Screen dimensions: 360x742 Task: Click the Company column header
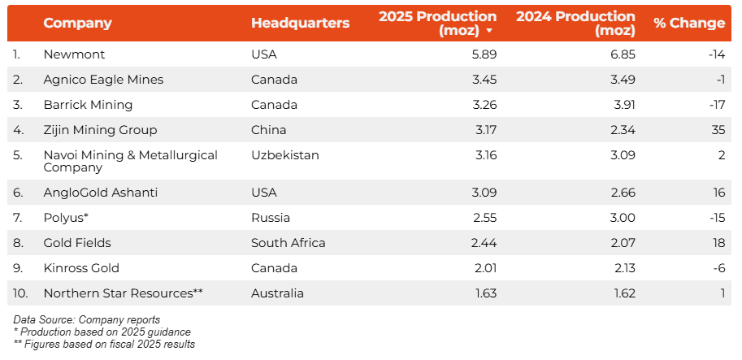click(x=77, y=23)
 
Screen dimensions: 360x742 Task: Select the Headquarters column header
click(x=300, y=23)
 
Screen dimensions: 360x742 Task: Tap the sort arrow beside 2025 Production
click(x=489, y=31)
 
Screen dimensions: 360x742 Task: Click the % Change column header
click(x=688, y=23)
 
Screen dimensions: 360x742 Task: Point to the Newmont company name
click(x=74, y=54)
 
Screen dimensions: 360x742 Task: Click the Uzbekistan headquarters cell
click(x=285, y=155)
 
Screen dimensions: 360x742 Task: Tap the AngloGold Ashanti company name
click(x=100, y=193)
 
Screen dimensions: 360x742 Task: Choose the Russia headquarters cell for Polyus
click(x=271, y=218)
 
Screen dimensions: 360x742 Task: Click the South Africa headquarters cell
click(x=288, y=243)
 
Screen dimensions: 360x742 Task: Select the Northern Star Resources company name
click(x=123, y=293)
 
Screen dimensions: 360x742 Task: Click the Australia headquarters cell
click(x=277, y=293)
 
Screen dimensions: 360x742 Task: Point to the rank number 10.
click(x=20, y=293)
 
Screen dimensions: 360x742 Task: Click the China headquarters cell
click(x=268, y=130)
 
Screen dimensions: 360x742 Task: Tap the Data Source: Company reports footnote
click(x=86, y=319)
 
